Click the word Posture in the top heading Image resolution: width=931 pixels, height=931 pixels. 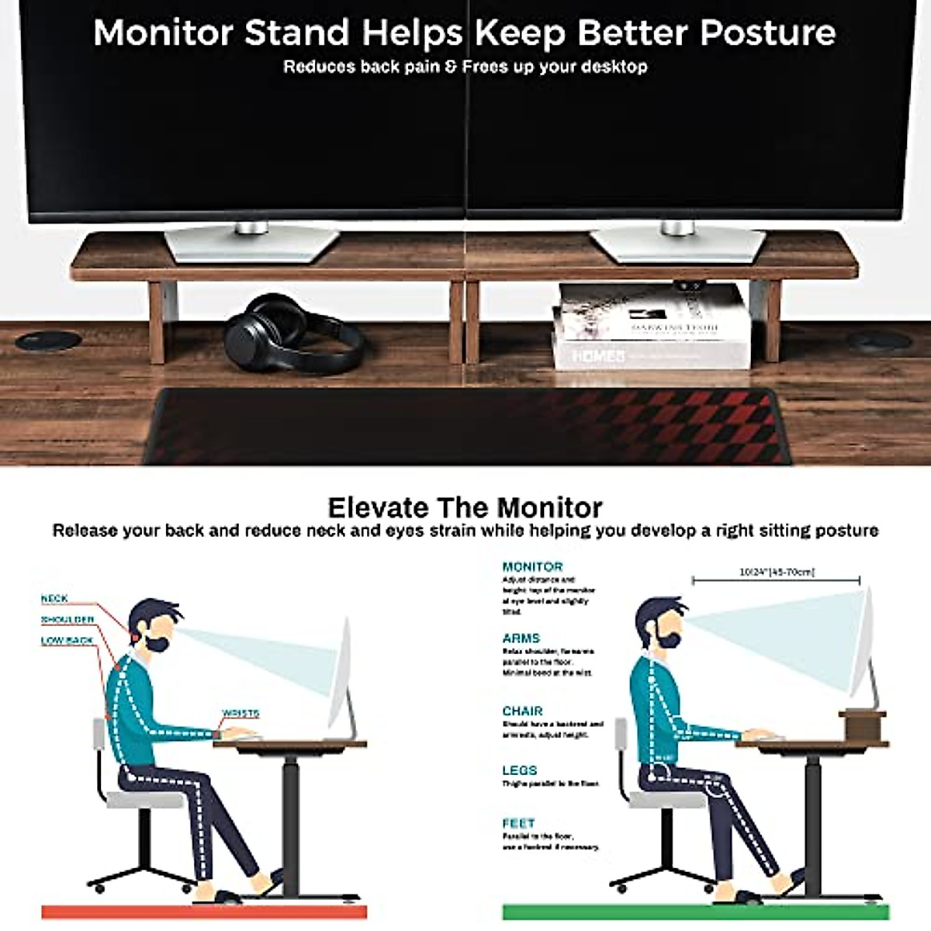click(768, 33)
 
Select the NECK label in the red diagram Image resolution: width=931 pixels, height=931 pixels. click(54, 598)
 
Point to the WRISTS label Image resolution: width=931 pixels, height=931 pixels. click(241, 713)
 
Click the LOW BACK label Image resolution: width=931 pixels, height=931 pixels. click(67, 640)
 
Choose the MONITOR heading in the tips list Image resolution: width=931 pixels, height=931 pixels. click(532, 566)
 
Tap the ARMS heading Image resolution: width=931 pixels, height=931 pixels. click(521, 638)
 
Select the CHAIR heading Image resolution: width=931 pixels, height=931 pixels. click(522, 711)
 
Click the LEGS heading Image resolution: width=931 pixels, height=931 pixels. click(519, 770)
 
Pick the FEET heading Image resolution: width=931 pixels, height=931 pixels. click(518, 822)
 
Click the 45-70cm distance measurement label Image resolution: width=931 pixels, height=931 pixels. click(777, 572)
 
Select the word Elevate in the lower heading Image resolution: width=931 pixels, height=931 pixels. click(378, 507)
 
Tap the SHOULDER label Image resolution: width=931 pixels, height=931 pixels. click(67, 619)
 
